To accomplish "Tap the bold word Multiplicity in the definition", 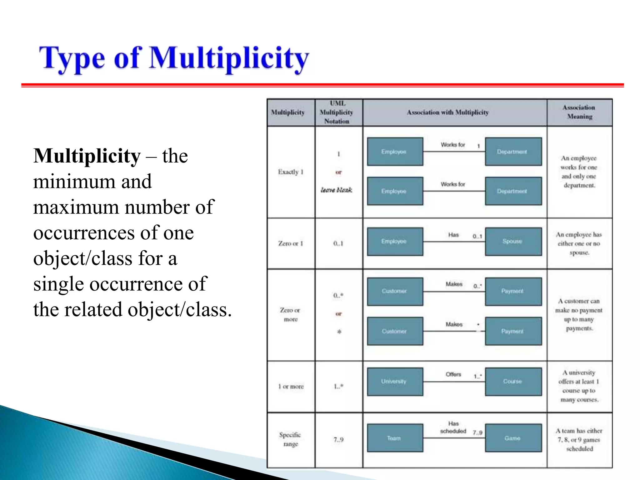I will pyautogui.click(x=87, y=156).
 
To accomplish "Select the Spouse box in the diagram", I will pyautogui.click(x=513, y=241).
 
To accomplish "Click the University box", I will pyautogui.click(x=395, y=381).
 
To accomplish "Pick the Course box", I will pyautogui.click(x=513, y=381).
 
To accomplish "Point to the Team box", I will pyautogui.click(x=395, y=438).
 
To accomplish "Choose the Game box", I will pyautogui.click(x=513, y=438).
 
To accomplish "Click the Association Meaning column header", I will pyautogui.click(x=579, y=112).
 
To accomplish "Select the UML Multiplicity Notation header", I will pyautogui.click(x=337, y=112).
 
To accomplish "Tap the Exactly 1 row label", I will pyautogui.click(x=291, y=172).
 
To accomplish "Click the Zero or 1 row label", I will pyautogui.click(x=291, y=243).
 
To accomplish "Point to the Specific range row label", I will pyautogui.click(x=290, y=439).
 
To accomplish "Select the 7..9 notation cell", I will pyautogui.click(x=338, y=440).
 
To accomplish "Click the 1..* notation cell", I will pyautogui.click(x=338, y=386).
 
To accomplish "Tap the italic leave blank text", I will pyautogui.click(x=337, y=190).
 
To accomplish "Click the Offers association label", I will pyautogui.click(x=453, y=374).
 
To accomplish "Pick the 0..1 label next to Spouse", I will pyautogui.click(x=477, y=236).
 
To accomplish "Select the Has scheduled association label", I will pyautogui.click(x=453, y=427).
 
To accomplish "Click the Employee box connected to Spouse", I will pyautogui.click(x=395, y=241).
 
